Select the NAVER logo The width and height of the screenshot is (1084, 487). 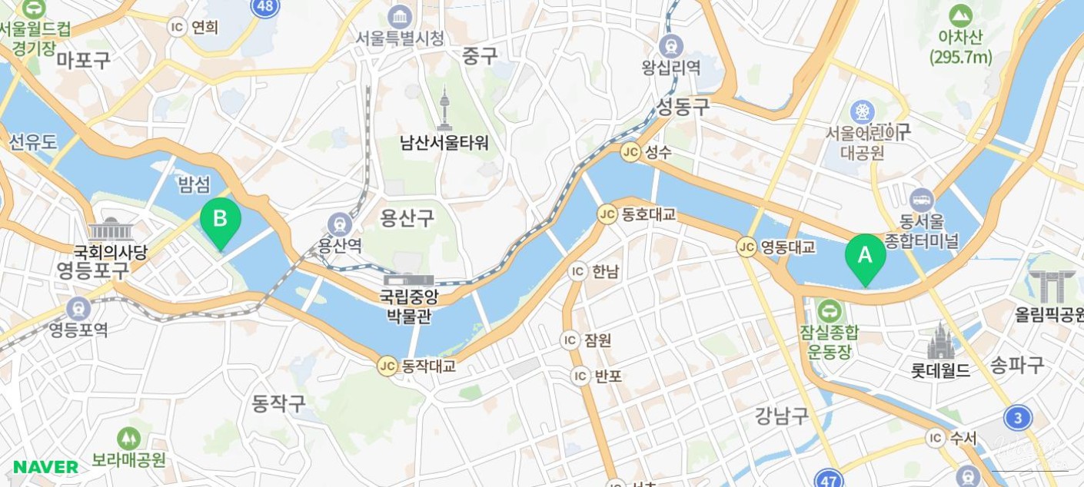[x=45, y=467]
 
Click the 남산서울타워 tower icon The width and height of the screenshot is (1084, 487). [x=444, y=109]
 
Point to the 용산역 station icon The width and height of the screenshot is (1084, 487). [x=339, y=224]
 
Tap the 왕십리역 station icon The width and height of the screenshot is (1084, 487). [x=671, y=45]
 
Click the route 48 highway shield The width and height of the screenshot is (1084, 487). [x=265, y=7]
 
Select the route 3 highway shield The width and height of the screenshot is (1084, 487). [x=1017, y=418]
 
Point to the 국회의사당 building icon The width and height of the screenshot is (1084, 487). [x=111, y=230]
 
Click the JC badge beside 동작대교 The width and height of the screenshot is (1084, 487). [x=387, y=366]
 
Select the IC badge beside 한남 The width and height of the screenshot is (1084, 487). [x=577, y=271]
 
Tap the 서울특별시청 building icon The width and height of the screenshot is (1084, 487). [x=400, y=16]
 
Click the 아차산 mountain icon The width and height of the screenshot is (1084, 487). [x=960, y=16]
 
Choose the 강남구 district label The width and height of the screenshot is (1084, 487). [x=781, y=416]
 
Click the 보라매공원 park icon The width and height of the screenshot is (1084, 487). [x=128, y=439]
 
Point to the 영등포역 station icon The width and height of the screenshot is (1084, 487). [x=78, y=308]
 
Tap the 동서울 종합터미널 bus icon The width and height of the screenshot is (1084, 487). [x=921, y=200]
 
